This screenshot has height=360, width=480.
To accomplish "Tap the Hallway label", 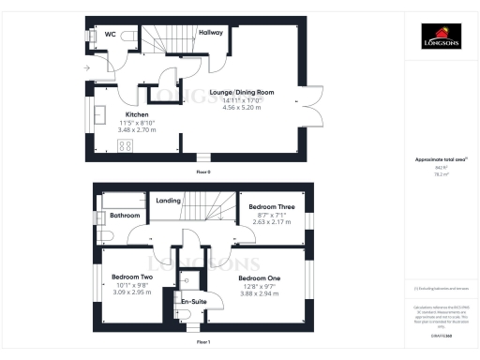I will (x=211, y=32).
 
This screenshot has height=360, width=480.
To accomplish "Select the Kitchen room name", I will (x=126, y=113).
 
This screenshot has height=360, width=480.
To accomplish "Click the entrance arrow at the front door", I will (x=86, y=68).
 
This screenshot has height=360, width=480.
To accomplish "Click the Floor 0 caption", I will (x=202, y=173).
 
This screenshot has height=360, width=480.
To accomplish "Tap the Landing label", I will (x=168, y=201).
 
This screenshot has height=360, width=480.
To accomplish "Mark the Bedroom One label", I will (x=258, y=277).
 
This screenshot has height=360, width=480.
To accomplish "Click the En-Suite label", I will (x=193, y=303).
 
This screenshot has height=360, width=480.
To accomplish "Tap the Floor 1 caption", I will (x=202, y=342).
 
